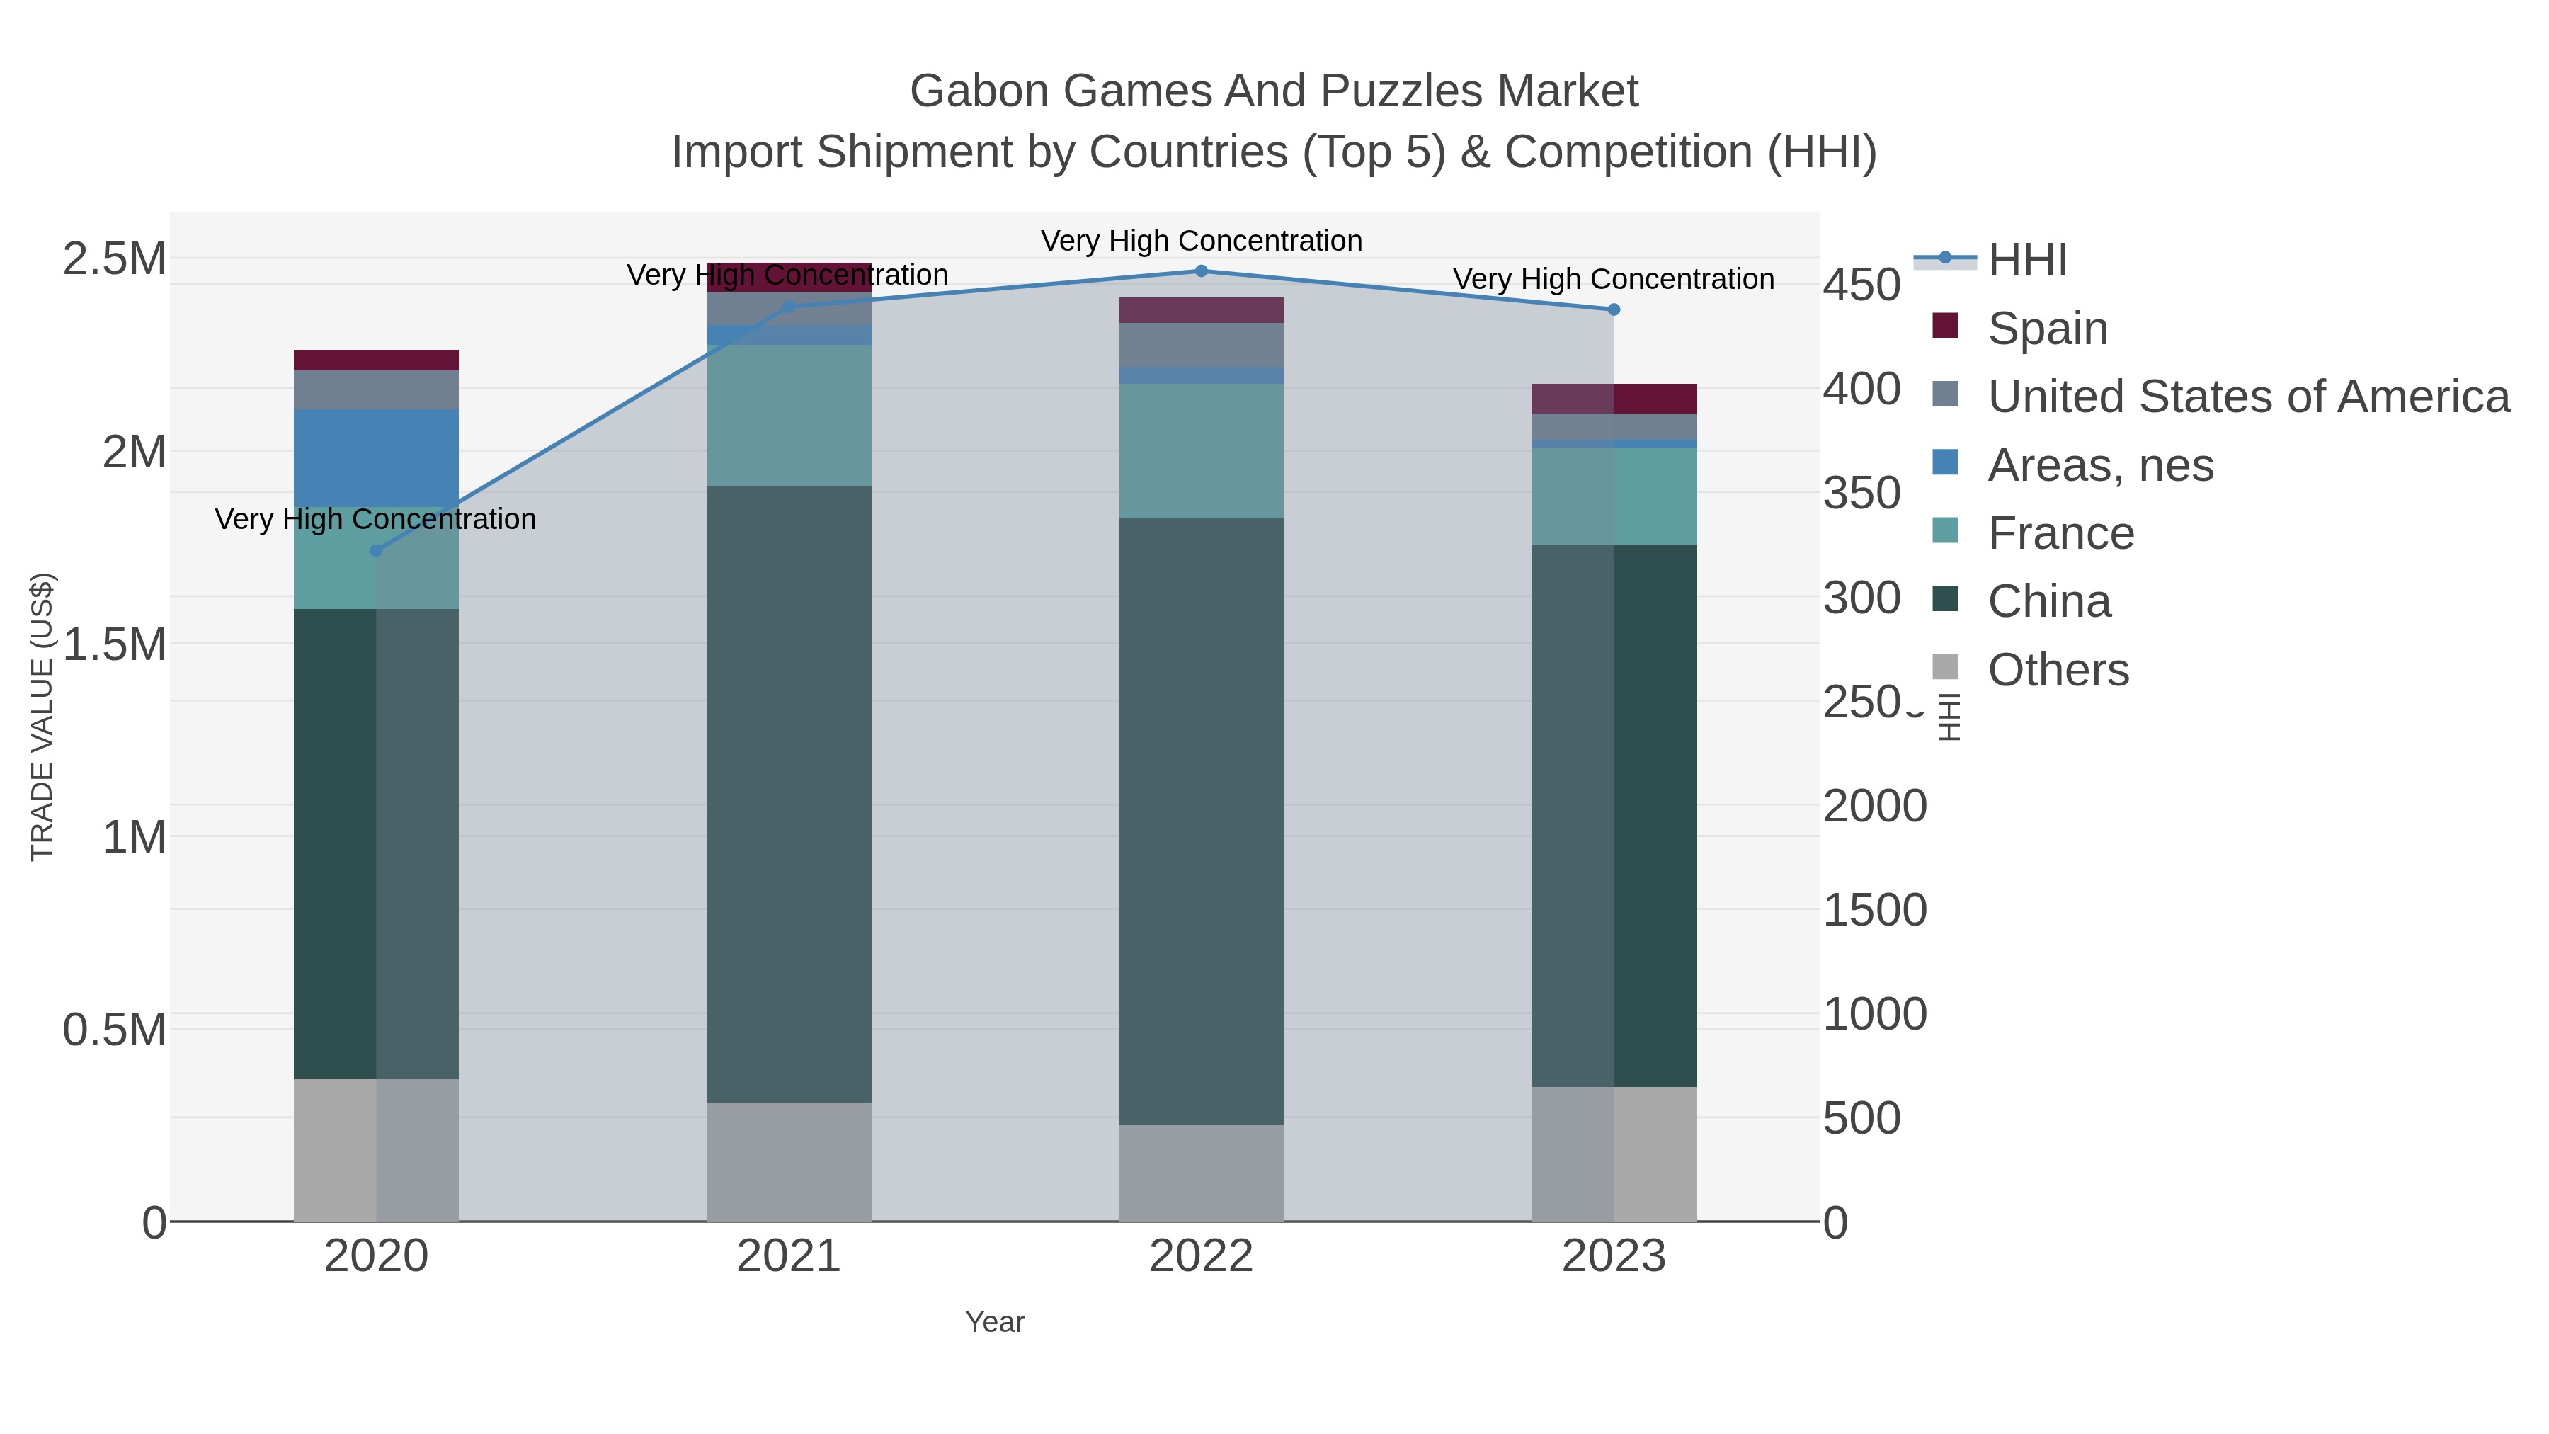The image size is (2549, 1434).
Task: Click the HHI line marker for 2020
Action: pos(376,550)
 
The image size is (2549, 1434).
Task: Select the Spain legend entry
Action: pos(2047,329)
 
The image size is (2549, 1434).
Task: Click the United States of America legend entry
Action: pos(2247,397)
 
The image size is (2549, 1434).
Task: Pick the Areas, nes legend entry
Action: pos(2100,465)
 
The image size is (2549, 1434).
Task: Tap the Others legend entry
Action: pos(2057,670)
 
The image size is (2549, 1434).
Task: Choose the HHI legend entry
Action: pos(2026,261)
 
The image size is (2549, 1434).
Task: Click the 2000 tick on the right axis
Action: pos(1874,806)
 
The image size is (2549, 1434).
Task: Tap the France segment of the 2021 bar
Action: pos(789,416)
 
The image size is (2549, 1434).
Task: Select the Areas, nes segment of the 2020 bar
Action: pos(376,457)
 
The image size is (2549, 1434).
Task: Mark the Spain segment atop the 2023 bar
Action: pos(1613,399)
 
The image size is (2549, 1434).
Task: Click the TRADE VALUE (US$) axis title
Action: pos(42,717)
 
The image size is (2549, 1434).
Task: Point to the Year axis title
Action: pos(995,1322)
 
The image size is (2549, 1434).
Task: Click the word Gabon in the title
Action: pos(981,91)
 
